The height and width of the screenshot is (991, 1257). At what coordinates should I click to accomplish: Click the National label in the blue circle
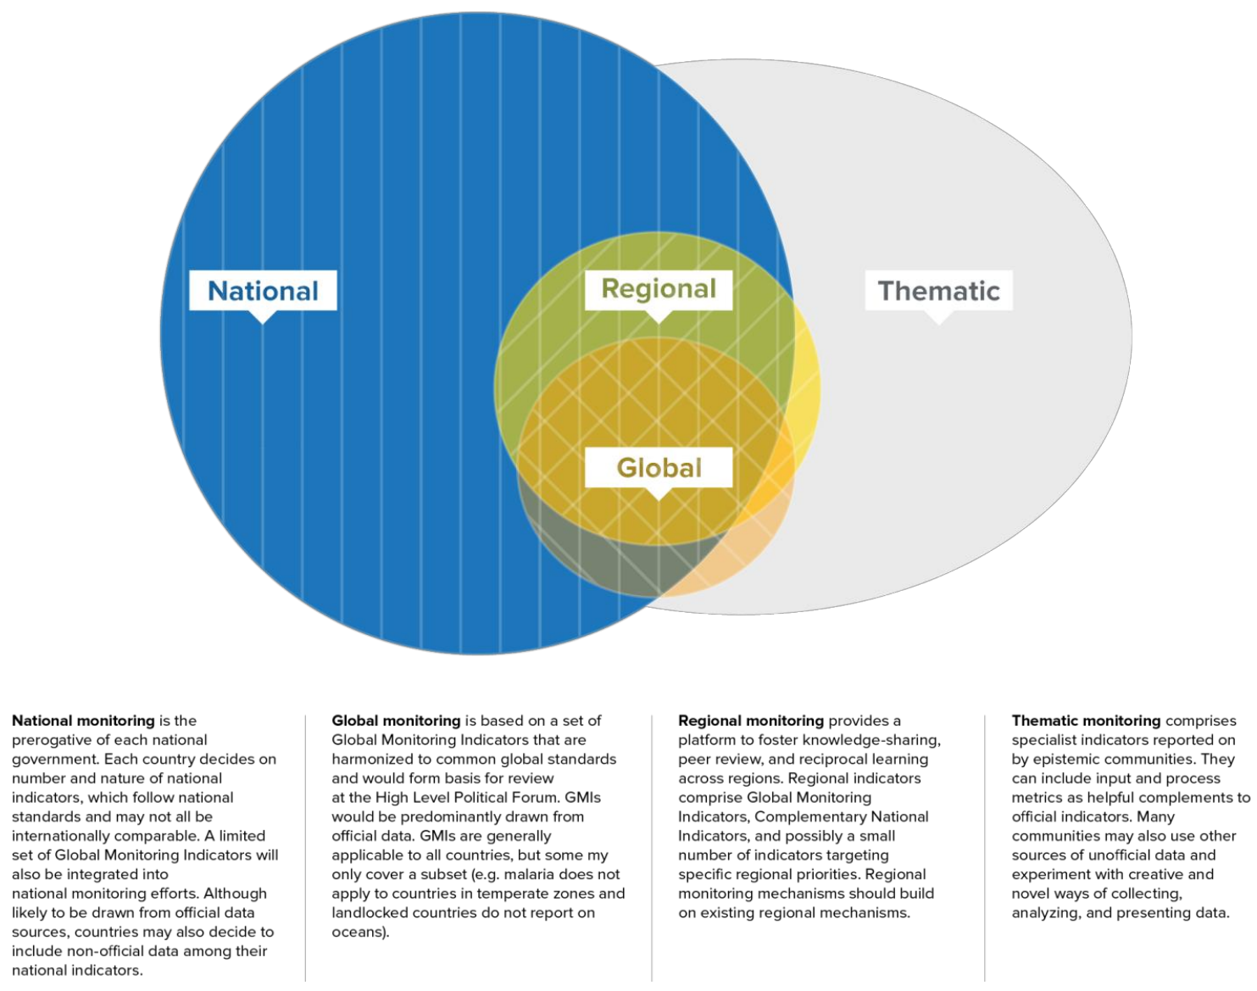263,291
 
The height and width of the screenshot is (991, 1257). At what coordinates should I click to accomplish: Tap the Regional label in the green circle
659,289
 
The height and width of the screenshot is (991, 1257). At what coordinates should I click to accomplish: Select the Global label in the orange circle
659,468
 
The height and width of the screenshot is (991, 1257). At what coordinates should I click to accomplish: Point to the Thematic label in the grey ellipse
938,291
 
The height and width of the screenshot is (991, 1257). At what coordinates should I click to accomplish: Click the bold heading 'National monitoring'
83,721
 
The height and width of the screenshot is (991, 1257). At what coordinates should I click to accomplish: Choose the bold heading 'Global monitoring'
396,721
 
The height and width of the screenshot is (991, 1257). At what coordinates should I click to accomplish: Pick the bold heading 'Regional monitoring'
750,721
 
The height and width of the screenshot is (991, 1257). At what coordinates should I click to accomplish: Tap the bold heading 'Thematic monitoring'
1086,721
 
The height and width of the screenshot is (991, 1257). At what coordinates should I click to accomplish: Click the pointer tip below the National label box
264,321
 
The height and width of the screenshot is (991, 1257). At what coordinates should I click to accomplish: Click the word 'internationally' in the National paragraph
60,836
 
